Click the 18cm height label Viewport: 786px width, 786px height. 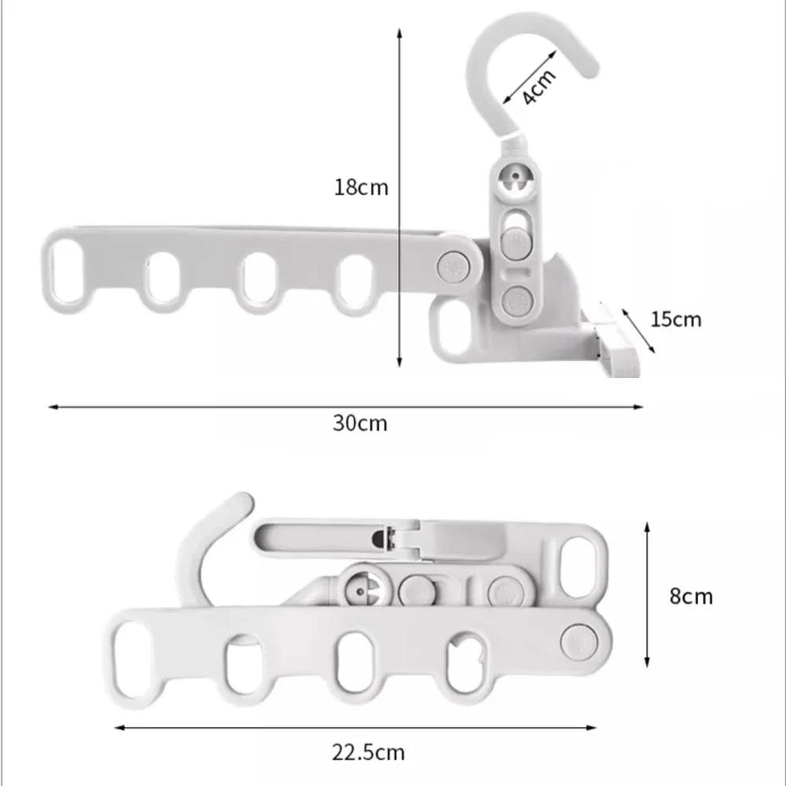tap(361, 188)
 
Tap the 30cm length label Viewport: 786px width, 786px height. tap(360, 423)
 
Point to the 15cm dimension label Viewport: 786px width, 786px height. tap(675, 319)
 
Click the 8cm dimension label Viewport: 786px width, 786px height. tap(691, 596)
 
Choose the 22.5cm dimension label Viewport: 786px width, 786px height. tap(368, 752)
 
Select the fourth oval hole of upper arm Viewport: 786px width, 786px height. tap(355, 280)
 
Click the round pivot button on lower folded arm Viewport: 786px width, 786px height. tap(579, 640)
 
